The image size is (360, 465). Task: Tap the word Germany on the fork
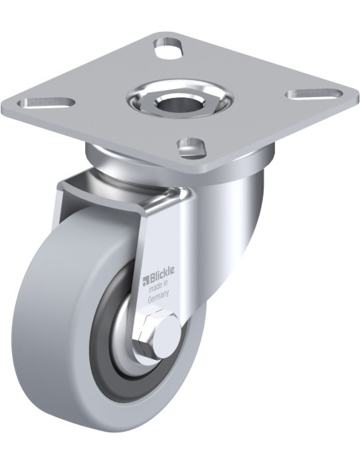pos(158,297)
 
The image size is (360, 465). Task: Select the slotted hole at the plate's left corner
pos(46,103)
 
